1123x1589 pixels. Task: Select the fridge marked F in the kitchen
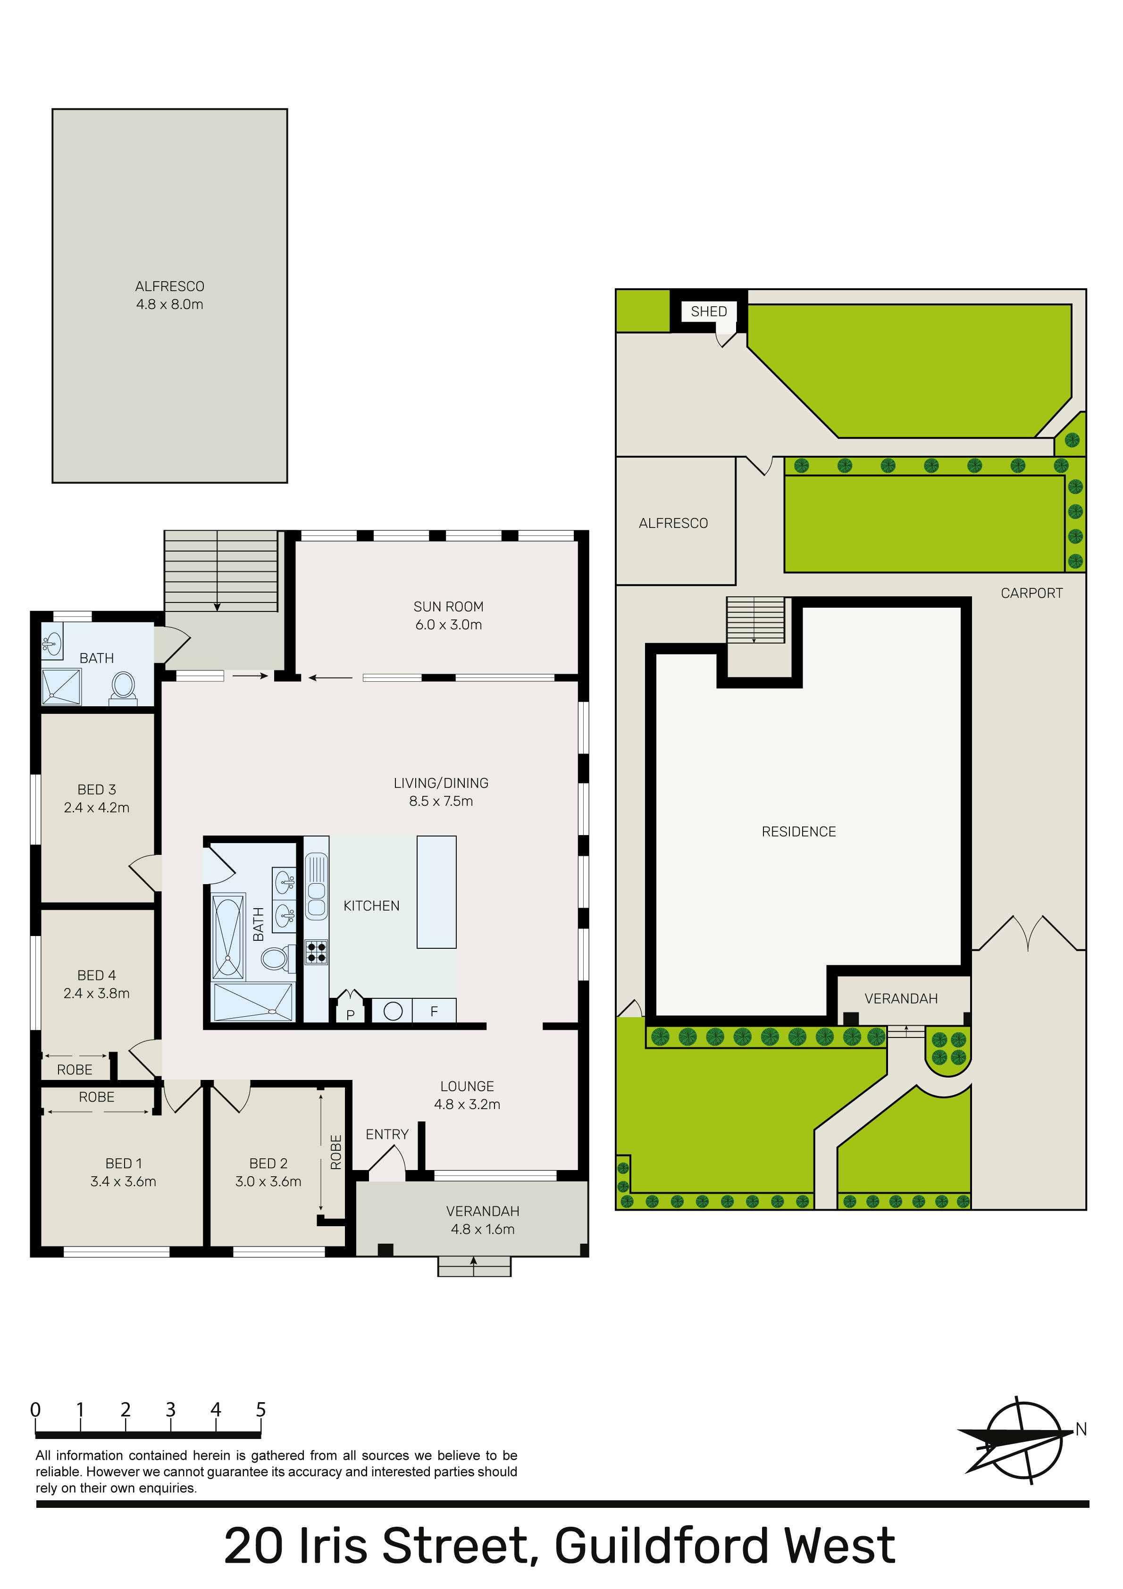[434, 1011]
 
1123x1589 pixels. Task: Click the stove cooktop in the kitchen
[317, 952]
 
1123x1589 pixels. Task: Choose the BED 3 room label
[96, 790]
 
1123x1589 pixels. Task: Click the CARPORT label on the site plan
[1031, 593]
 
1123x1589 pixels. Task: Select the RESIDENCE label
[798, 832]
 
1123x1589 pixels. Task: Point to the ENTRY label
[387, 1134]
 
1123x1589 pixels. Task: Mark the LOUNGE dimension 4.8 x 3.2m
[467, 1104]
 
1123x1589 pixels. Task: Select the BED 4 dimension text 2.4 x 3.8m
[96, 994]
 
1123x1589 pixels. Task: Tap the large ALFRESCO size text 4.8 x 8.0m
[169, 304]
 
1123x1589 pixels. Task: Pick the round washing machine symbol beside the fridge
[393, 1011]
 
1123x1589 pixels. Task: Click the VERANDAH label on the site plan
[901, 999]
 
